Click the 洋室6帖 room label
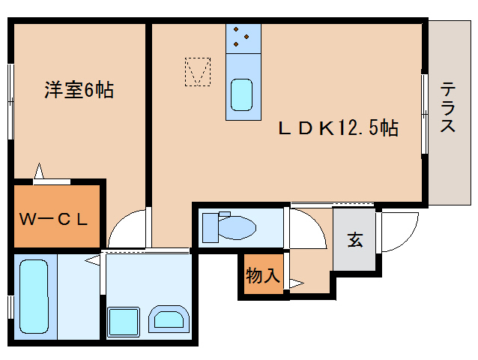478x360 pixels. pos(79,91)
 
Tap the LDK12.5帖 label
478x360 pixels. pos(337,128)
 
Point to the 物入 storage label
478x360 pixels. pos(263,275)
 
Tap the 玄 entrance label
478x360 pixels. pos(355,241)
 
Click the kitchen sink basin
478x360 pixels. pos(242,95)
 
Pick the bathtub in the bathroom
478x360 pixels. pos(33,296)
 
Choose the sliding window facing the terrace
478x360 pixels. pos(425,113)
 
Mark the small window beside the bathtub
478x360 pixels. pos(11,307)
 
